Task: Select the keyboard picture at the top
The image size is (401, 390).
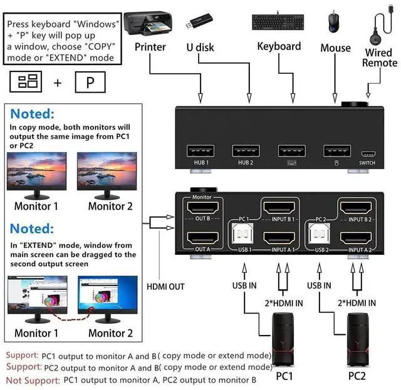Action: coord(279,22)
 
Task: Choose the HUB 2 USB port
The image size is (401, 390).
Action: coord(246,151)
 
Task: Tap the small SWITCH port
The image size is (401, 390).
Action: coord(368,153)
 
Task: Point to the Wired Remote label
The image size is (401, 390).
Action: coord(380,57)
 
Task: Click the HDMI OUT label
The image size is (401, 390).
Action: coord(165,287)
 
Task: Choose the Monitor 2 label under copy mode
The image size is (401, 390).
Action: coord(110,206)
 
